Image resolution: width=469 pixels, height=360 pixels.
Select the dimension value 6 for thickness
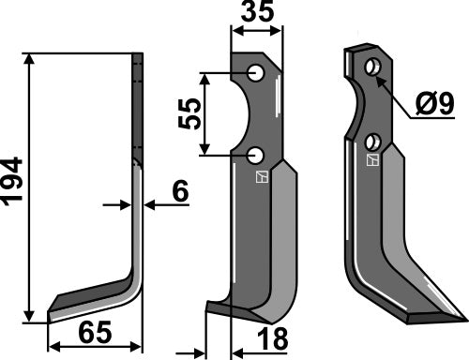pos(180,192)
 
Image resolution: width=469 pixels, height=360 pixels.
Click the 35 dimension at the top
pos(256,15)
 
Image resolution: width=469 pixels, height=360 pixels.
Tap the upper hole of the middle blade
pos(256,72)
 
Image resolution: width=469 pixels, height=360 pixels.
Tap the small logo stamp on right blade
pos(372,160)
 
